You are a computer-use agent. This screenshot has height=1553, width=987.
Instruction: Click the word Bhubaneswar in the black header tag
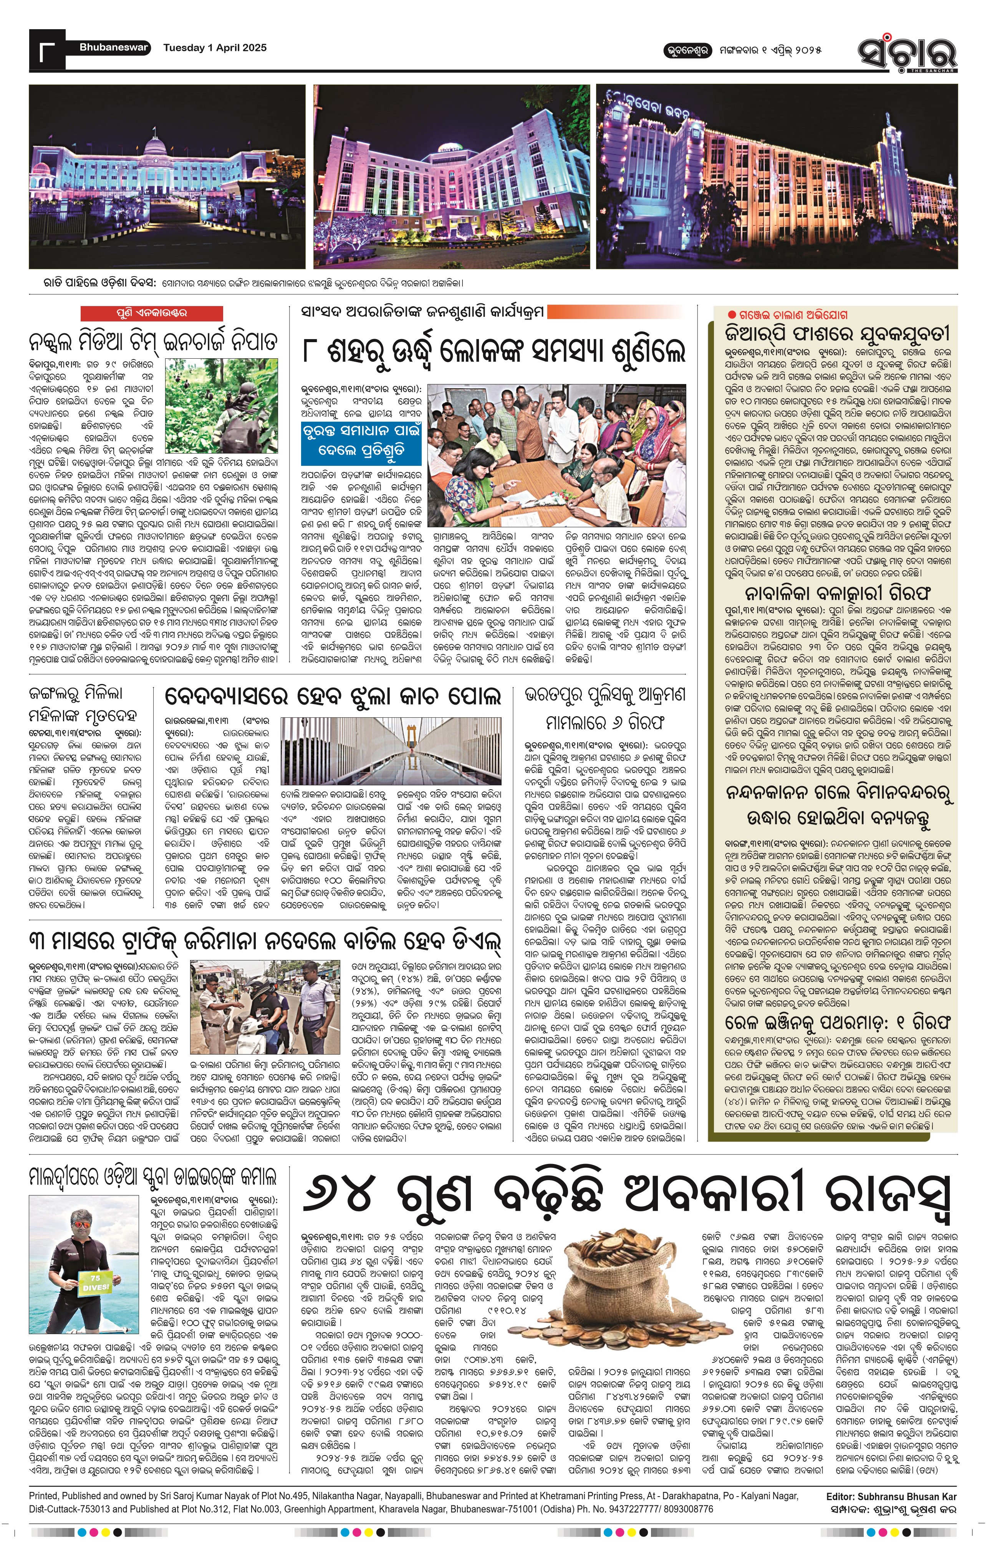[114, 47]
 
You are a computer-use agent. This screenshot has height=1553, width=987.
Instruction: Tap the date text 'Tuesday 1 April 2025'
[214, 47]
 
